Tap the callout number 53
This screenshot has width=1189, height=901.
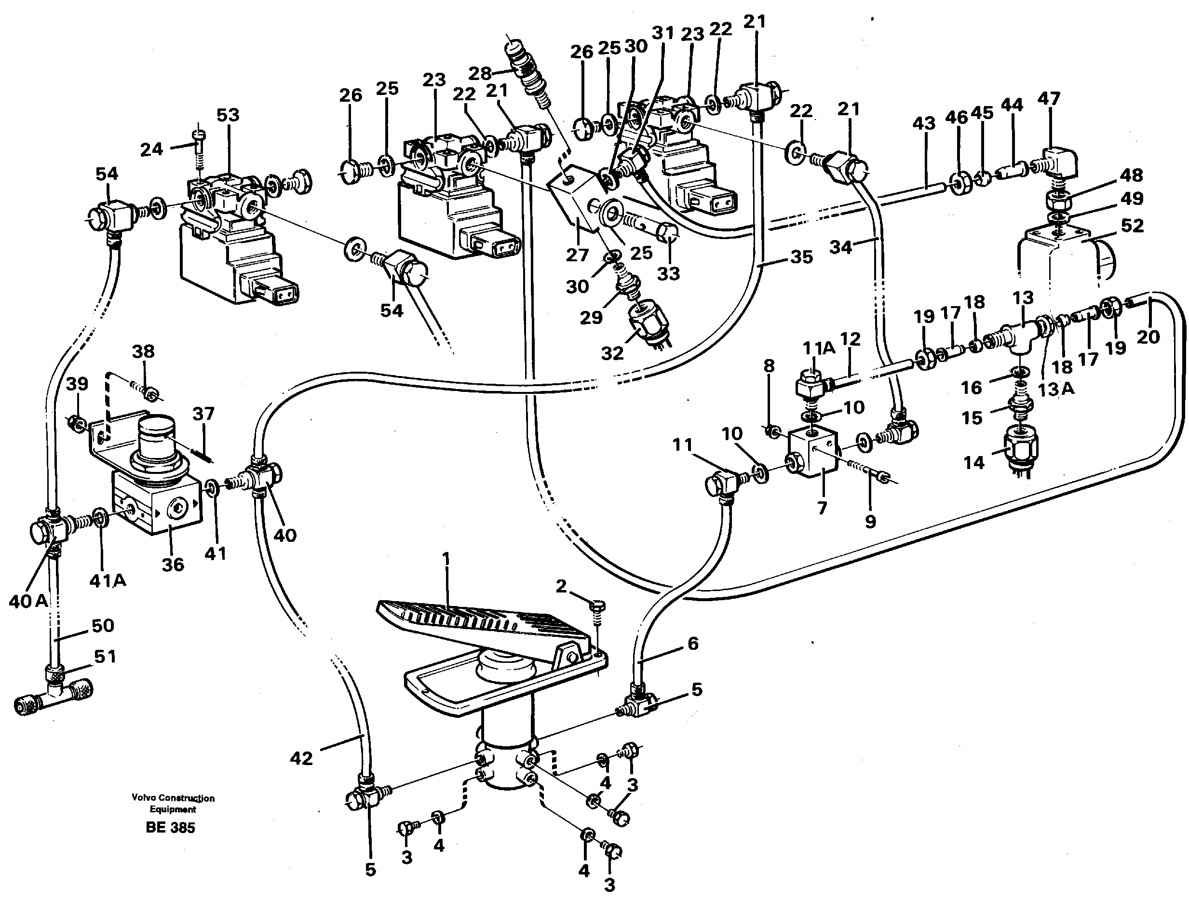click(228, 115)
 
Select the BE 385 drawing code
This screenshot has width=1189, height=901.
click(170, 827)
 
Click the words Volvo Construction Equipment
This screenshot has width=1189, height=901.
click(173, 803)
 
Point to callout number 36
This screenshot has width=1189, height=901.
click(173, 565)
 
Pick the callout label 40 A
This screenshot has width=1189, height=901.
click(28, 602)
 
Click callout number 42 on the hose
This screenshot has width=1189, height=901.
click(301, 758)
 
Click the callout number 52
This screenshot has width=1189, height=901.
click(1132, 225)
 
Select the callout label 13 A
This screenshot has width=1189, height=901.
click(1056, 389)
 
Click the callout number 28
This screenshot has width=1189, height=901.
click(479, 73)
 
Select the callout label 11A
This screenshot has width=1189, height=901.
click(819, 349)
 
